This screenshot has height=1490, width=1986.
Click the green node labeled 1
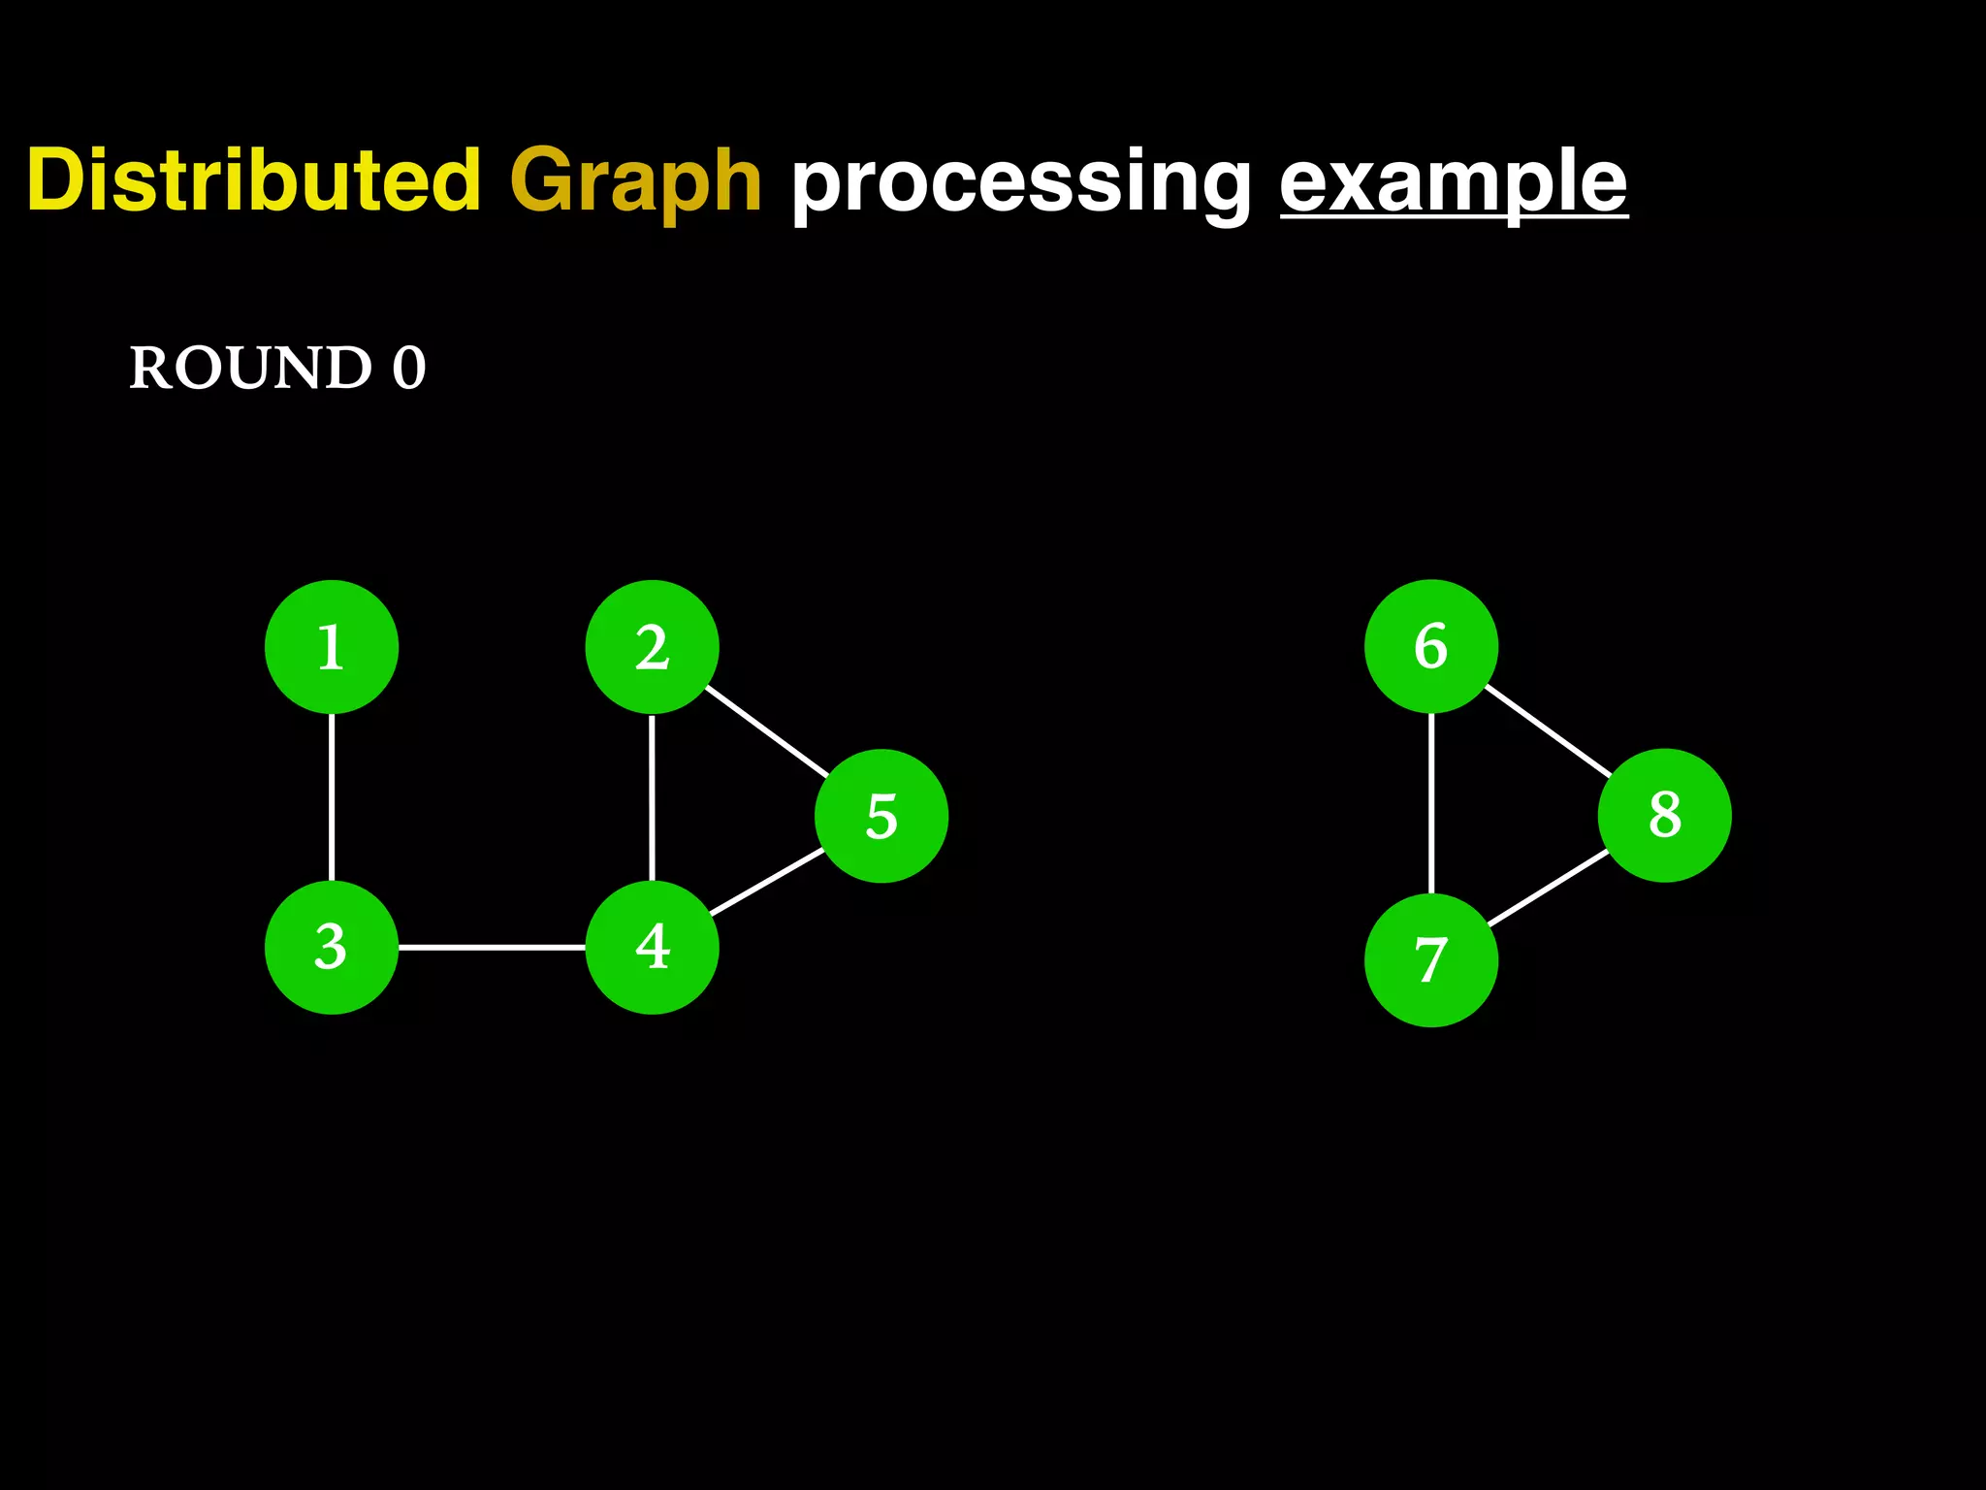332,647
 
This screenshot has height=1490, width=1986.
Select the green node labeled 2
652,647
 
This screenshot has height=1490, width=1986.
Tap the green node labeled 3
332,947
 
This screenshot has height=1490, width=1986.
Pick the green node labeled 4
652,947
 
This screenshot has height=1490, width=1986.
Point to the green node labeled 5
881,816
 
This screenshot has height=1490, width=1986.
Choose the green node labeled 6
1431,646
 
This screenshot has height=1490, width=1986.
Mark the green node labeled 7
1431,959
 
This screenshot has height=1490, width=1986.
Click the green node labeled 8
1665,815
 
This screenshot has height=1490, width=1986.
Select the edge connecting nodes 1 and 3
332,796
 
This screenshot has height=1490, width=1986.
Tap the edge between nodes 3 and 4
492,947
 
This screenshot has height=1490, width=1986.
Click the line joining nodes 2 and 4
652,796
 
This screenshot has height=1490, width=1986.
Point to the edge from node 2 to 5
766,731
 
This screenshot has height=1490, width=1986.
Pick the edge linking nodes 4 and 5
766,882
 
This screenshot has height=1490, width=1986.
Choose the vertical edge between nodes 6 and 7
1431,803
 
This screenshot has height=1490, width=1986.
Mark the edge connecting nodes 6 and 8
1548,730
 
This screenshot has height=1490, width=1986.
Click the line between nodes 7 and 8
1549,888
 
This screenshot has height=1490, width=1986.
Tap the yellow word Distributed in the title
254,180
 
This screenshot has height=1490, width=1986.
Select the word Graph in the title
635,182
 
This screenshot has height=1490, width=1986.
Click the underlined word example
1453,182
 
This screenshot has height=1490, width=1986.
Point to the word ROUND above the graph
250,369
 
